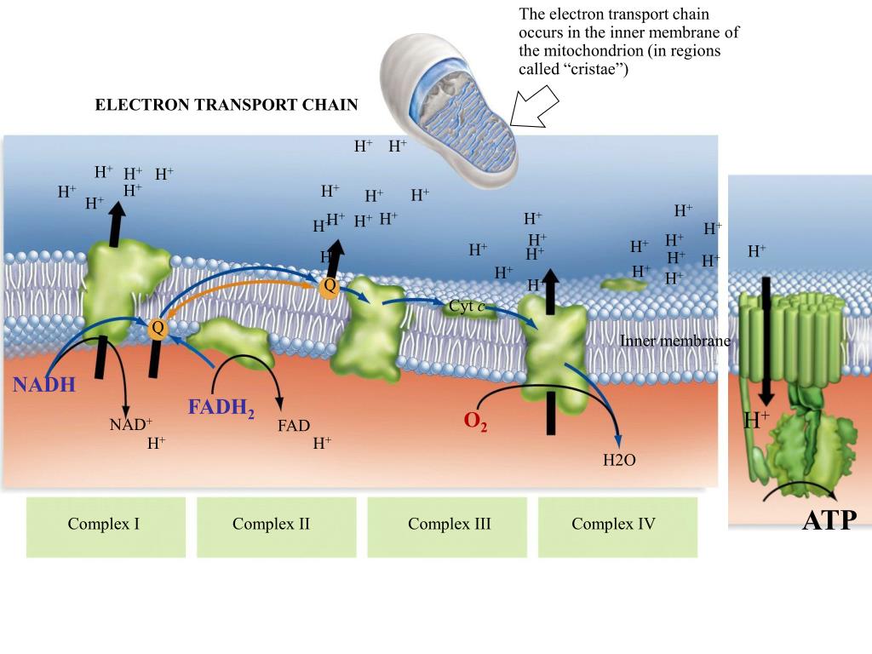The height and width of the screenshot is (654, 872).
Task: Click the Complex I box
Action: pyautogui.click(x=104, y=525)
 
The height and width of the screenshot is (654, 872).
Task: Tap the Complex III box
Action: pyautogui.click(x=449, y=525)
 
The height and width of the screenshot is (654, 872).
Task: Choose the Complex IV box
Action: pyautogui.click(x=613, y=525)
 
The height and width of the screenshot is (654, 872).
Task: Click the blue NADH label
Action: pyautogui.click(x=44, y=385)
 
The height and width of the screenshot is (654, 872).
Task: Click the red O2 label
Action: pyautogui.click(x=475, y=422)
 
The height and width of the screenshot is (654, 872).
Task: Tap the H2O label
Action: pyautogui.click(x=619, y=461)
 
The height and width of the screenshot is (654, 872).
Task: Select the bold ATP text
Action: pyautogui.click(x=829, y=520)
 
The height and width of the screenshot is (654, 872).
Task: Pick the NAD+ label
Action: pyautogui.click(x=130, y=424)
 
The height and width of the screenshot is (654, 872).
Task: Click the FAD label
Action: pyautogui.click(x=293, y=426)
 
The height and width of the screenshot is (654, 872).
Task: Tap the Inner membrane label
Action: pyautogui.click(x=675, y=341)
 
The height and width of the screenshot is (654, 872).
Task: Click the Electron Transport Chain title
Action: pyautogui.click(x=226, y=105)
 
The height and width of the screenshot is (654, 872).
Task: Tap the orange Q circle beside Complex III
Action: pyautogui.click(x=329, y=287)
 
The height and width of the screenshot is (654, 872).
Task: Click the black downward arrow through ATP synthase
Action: pyautogui.click(x=766, y=341)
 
